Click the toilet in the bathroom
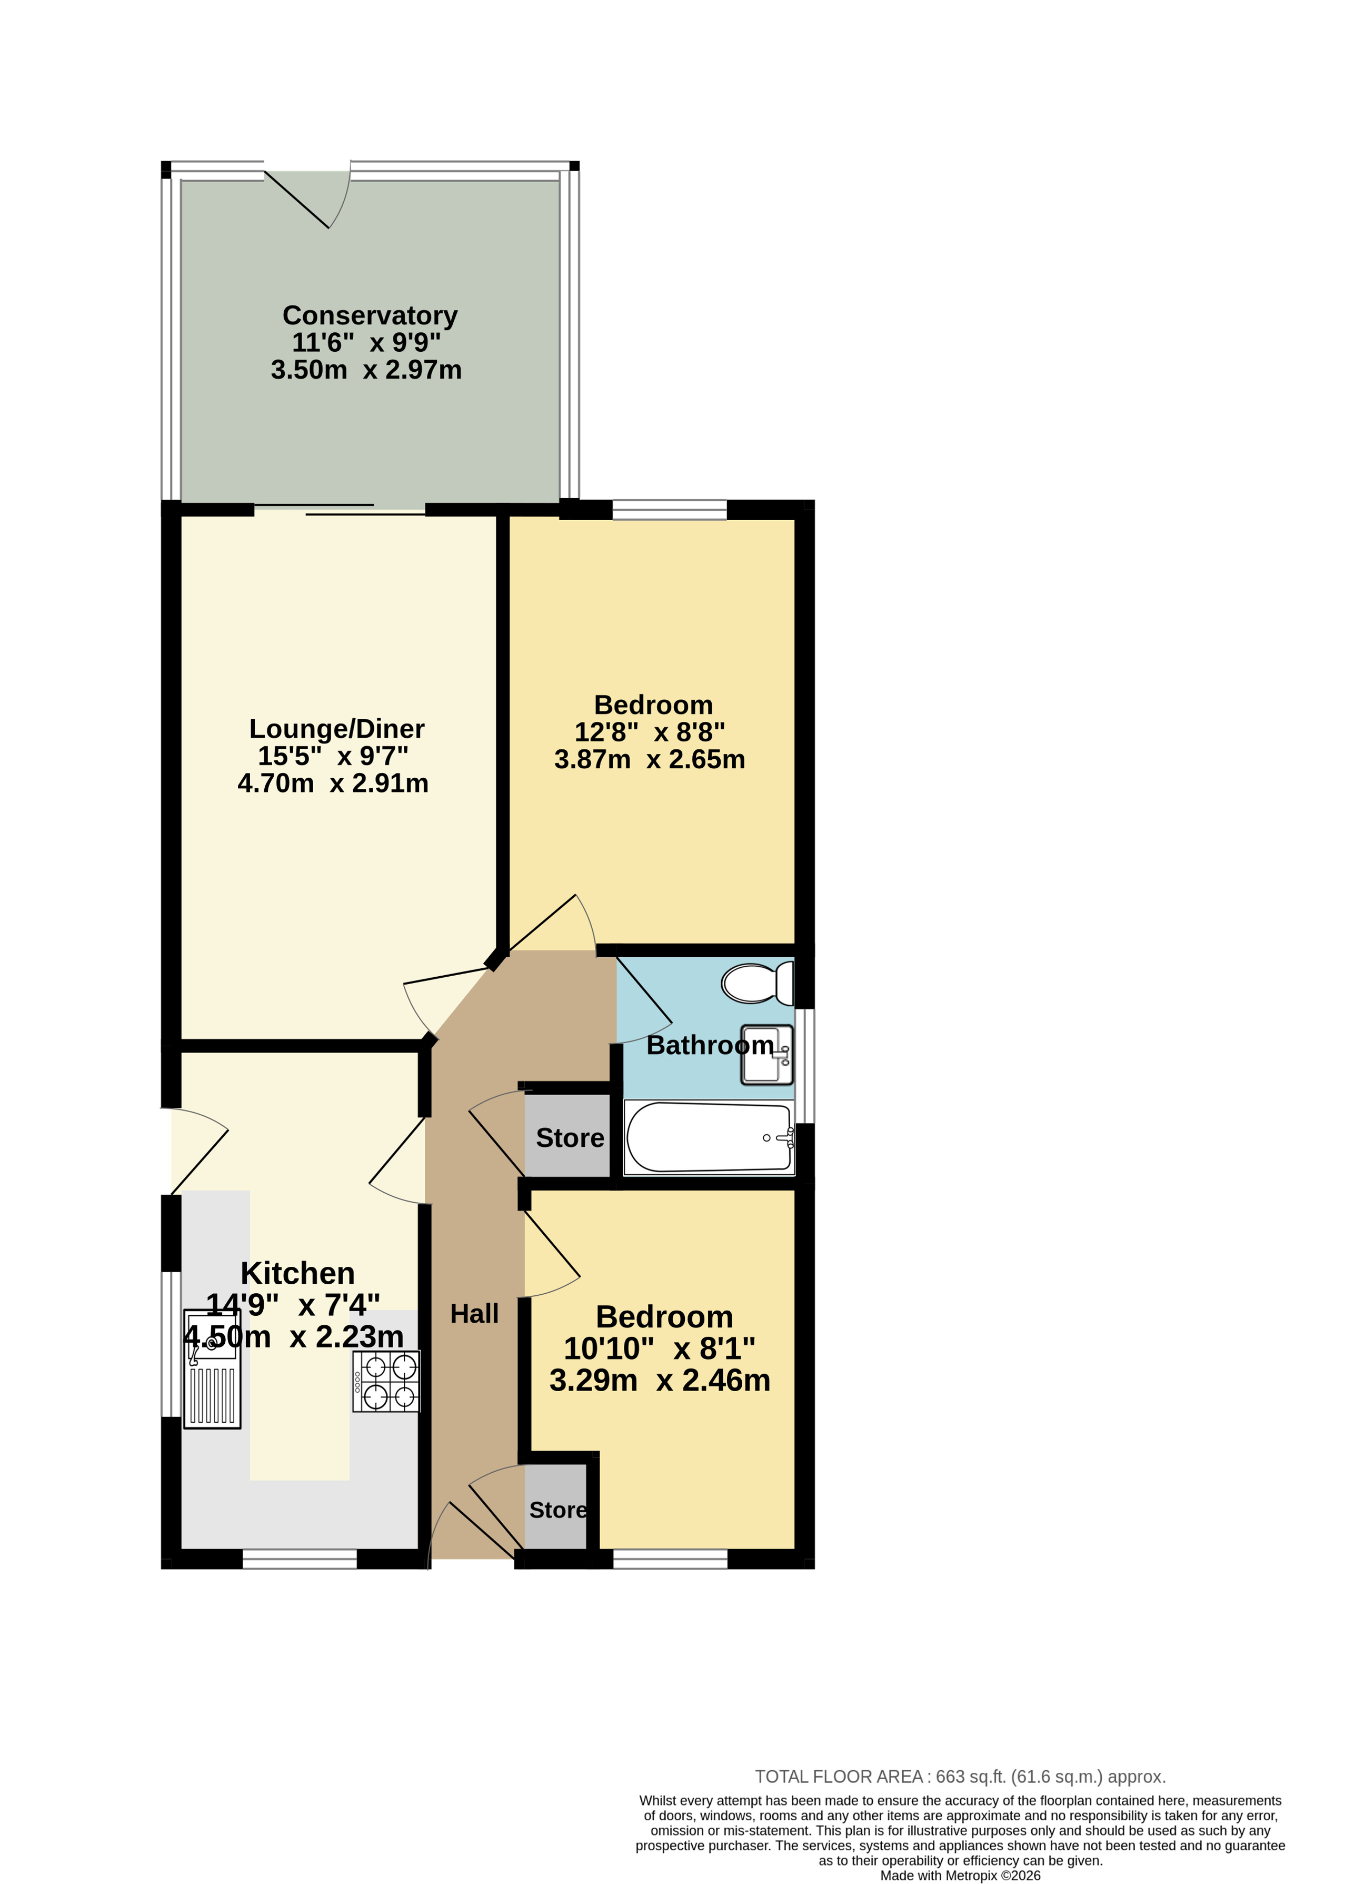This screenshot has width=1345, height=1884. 757,984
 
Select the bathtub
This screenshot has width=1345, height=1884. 709,1137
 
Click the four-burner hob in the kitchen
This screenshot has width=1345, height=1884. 386,1381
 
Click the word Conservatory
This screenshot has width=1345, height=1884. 370,315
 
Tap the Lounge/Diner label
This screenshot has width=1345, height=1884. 336,729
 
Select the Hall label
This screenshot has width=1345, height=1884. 474,1313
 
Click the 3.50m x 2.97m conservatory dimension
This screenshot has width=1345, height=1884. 366,370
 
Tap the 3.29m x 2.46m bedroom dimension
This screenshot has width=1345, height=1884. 660,1380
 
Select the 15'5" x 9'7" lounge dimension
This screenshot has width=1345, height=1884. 333,756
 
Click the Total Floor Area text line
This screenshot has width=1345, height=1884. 960,1776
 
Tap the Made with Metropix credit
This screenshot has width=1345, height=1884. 960,1876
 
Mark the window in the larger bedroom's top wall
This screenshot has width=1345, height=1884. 669,510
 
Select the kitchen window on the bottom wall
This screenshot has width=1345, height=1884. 300,1559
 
